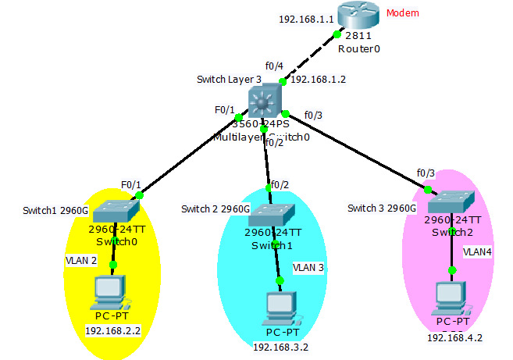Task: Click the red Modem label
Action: (x=403, y=13)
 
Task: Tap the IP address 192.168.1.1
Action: (x=305, y=18)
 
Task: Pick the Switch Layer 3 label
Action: (x=230, y=79)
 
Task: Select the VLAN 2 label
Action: (x=81, y=259)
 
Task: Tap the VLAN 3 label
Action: (x=308, y=267)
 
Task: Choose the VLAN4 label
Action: (x=478, y=252)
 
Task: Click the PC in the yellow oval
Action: (x=108, y=293)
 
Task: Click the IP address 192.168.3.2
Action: (x=280, y=346)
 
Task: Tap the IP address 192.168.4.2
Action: (x=454, y=338)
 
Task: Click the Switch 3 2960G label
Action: (x=382, y=209)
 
